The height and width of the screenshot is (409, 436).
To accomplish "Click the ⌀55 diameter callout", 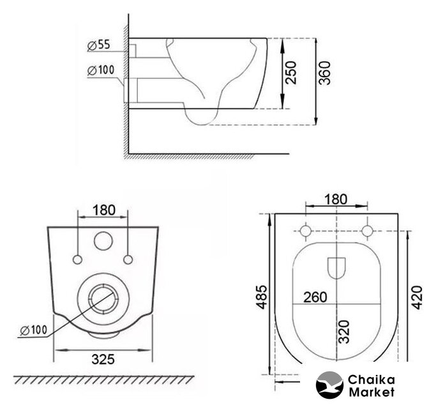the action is (99, 45).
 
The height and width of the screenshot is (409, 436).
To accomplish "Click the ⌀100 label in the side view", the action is (101, 70).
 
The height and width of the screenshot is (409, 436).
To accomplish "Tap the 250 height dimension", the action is (291, 73).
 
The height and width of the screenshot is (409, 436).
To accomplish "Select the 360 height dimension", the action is (324, 73).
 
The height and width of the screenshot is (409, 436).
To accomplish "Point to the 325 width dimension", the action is (103, 359).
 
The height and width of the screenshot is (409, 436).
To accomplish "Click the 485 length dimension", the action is (262, 297).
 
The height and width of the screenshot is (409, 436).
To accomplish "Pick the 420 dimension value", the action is (417, 297).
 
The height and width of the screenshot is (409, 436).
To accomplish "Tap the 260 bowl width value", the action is (315, 297).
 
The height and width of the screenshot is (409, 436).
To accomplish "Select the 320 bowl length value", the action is (344, 332).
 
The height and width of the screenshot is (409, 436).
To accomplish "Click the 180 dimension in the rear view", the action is (103, 210).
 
